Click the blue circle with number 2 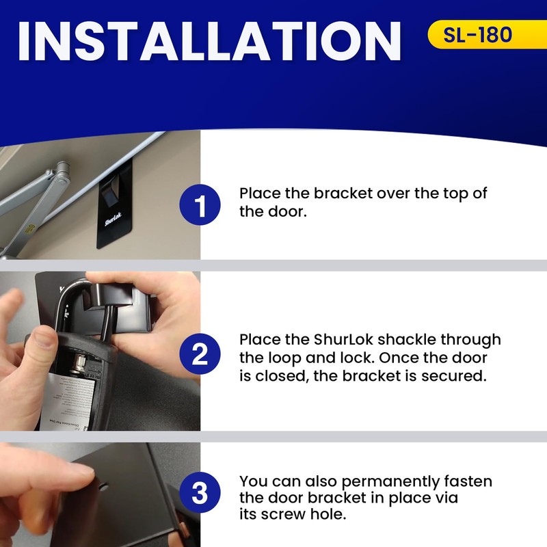(x=200, y=353)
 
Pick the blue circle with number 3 (x=200, y=494)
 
